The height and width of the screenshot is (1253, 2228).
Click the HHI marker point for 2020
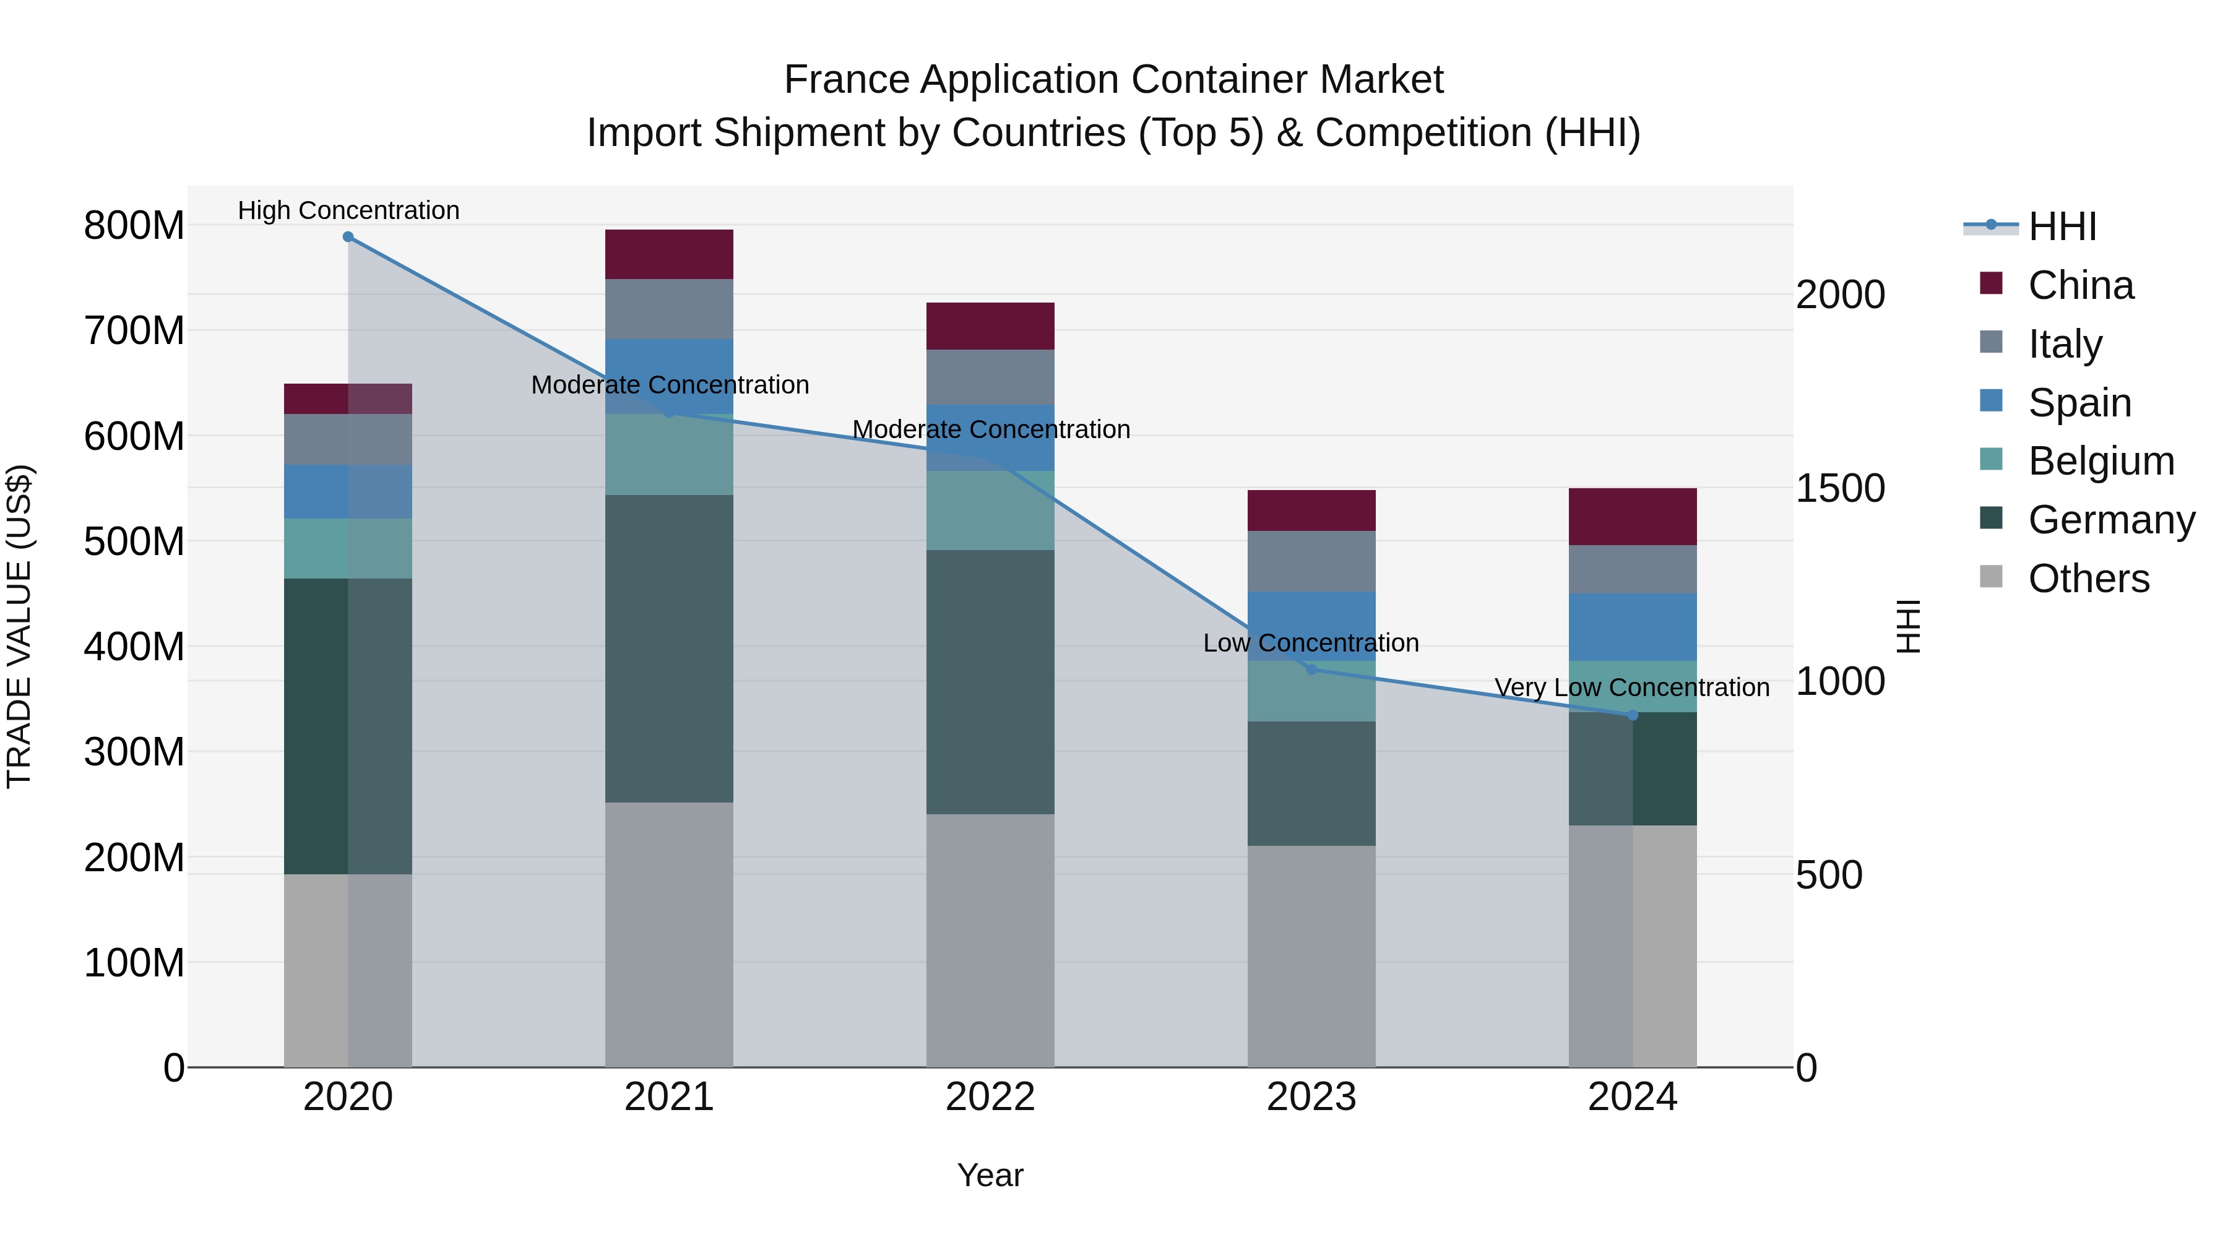[348, 236]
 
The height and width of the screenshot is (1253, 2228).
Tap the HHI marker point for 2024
[1632, 715]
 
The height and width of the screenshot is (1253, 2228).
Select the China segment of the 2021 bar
[668, 254]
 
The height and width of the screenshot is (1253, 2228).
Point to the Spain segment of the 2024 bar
[1632, 627]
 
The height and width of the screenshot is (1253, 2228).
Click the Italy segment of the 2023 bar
[1311, 561]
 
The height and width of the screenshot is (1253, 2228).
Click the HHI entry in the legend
[2062, 226]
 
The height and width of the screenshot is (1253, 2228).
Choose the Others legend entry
[2088, 579]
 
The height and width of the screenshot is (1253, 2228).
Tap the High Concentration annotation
[348, 210]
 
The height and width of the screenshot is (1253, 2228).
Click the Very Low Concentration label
[1631, 687]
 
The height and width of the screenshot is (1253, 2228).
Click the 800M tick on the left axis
[134, 226]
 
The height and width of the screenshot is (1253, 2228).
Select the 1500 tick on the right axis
[1840, 489]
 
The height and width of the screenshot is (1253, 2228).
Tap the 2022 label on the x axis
[990, 1097]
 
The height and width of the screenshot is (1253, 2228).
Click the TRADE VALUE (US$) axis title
[19, 626]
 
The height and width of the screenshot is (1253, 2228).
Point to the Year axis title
[990, 1175]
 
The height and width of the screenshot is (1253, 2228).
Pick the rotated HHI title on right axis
[1907, 626]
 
